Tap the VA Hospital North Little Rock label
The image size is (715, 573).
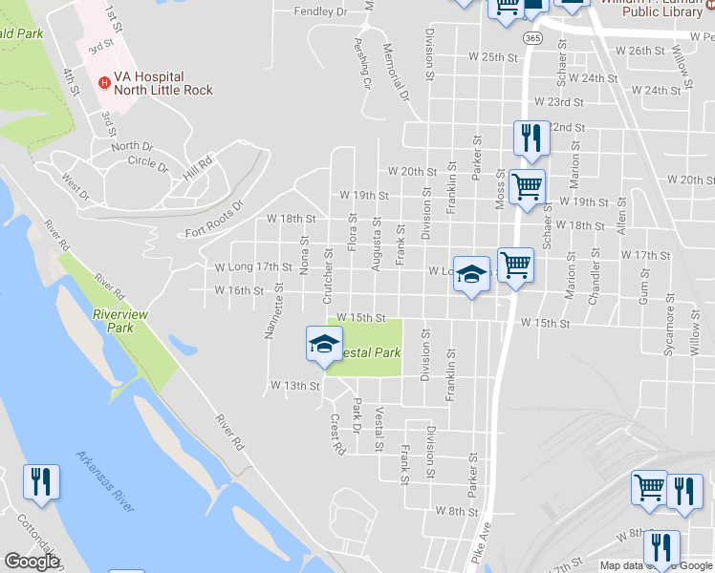162,83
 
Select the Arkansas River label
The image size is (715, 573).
105,482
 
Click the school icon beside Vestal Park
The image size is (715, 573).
324,346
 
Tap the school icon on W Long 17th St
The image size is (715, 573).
470,276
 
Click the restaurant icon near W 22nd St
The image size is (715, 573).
531,139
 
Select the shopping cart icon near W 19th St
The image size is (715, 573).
527,186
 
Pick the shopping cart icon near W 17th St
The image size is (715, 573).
515,264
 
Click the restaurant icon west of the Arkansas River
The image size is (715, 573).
41,482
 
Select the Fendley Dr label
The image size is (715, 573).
320,11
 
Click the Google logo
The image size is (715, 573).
32,562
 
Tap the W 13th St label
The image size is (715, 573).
293,386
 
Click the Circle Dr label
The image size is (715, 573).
148,162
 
